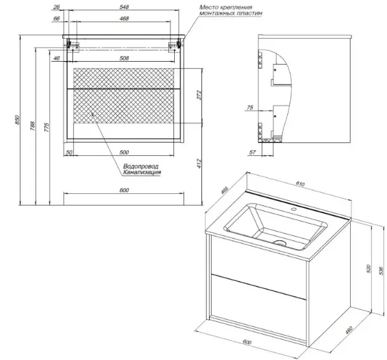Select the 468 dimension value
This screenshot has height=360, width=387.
pyautogui.click(x=125, y=19)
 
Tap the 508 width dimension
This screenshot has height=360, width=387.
pyautogui.click(x=125, y=59)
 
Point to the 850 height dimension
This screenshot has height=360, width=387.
pyautogui.click(x=8, y=121)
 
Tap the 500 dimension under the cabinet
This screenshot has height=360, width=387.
pyautogui.click(x=125, y=153)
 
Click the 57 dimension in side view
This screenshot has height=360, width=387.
pyautogui.click(x=252, y=153)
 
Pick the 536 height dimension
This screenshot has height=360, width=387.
pyautogui.click(x=380, y=270)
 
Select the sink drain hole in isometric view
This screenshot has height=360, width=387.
pyautogui.click(x=280, y=242)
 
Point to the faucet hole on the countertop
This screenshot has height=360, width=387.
pyautogui.click(x=294, y=209)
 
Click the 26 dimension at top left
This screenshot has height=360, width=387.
pyautogui.click(x=57, y=6)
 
